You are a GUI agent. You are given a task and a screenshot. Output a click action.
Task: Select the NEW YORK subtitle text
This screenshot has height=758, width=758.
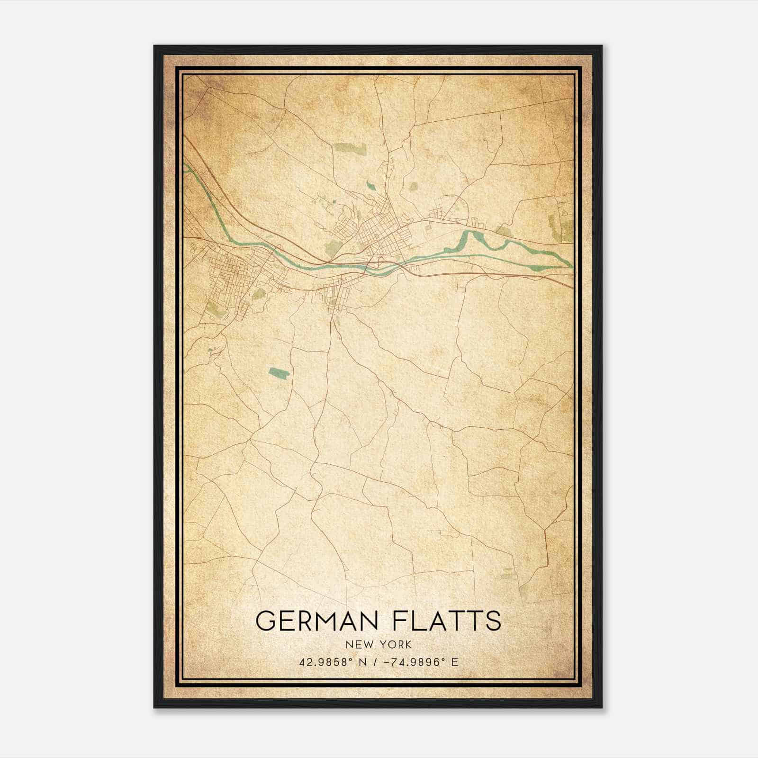point(379,644)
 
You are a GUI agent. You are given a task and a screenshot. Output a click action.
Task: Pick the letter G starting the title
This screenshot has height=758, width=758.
point(265,621)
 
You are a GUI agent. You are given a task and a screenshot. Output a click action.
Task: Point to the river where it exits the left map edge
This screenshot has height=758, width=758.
point(187,167)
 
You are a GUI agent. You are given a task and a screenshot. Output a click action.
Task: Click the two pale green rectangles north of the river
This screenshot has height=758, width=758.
point(351,148)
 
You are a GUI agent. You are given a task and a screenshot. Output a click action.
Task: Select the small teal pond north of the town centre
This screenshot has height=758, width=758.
point(370,183)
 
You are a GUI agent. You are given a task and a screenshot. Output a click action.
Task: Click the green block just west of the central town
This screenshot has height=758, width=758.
point(333,246)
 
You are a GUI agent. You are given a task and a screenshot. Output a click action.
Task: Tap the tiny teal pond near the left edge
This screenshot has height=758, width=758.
point(210,350)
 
